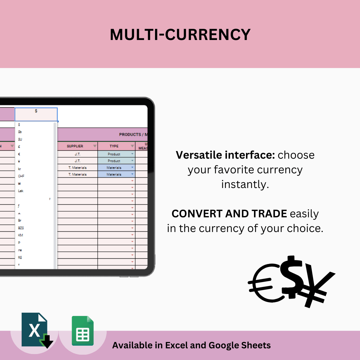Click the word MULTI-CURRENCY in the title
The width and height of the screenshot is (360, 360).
(x=180, y=35)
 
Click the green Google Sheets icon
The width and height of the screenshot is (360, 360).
(x=83, y=331)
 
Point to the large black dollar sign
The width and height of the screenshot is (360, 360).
(x=292, y=277)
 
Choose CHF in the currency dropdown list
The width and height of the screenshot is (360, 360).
(x=21, y=176)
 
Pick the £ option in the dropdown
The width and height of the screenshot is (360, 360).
(x=19, y=147)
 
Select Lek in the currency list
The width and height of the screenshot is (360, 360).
(x=21, y=191)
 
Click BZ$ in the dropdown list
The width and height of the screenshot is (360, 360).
(x=21, y=228)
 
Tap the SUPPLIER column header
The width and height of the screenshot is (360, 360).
(x=75, y=146)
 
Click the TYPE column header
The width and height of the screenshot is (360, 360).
(x=114, y=146)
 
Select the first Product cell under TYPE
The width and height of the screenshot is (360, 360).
(x=114, y=154)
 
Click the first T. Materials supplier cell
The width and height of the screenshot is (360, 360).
(x=77, y=168)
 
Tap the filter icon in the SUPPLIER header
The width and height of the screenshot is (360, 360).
(x=95, y=146)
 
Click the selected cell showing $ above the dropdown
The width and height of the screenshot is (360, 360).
(x=36, y=114)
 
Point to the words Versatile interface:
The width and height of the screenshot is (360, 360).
(x=225, y=155)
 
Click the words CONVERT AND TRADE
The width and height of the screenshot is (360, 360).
(x=229, y=214)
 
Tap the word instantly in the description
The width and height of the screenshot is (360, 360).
(x=245, y=184)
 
